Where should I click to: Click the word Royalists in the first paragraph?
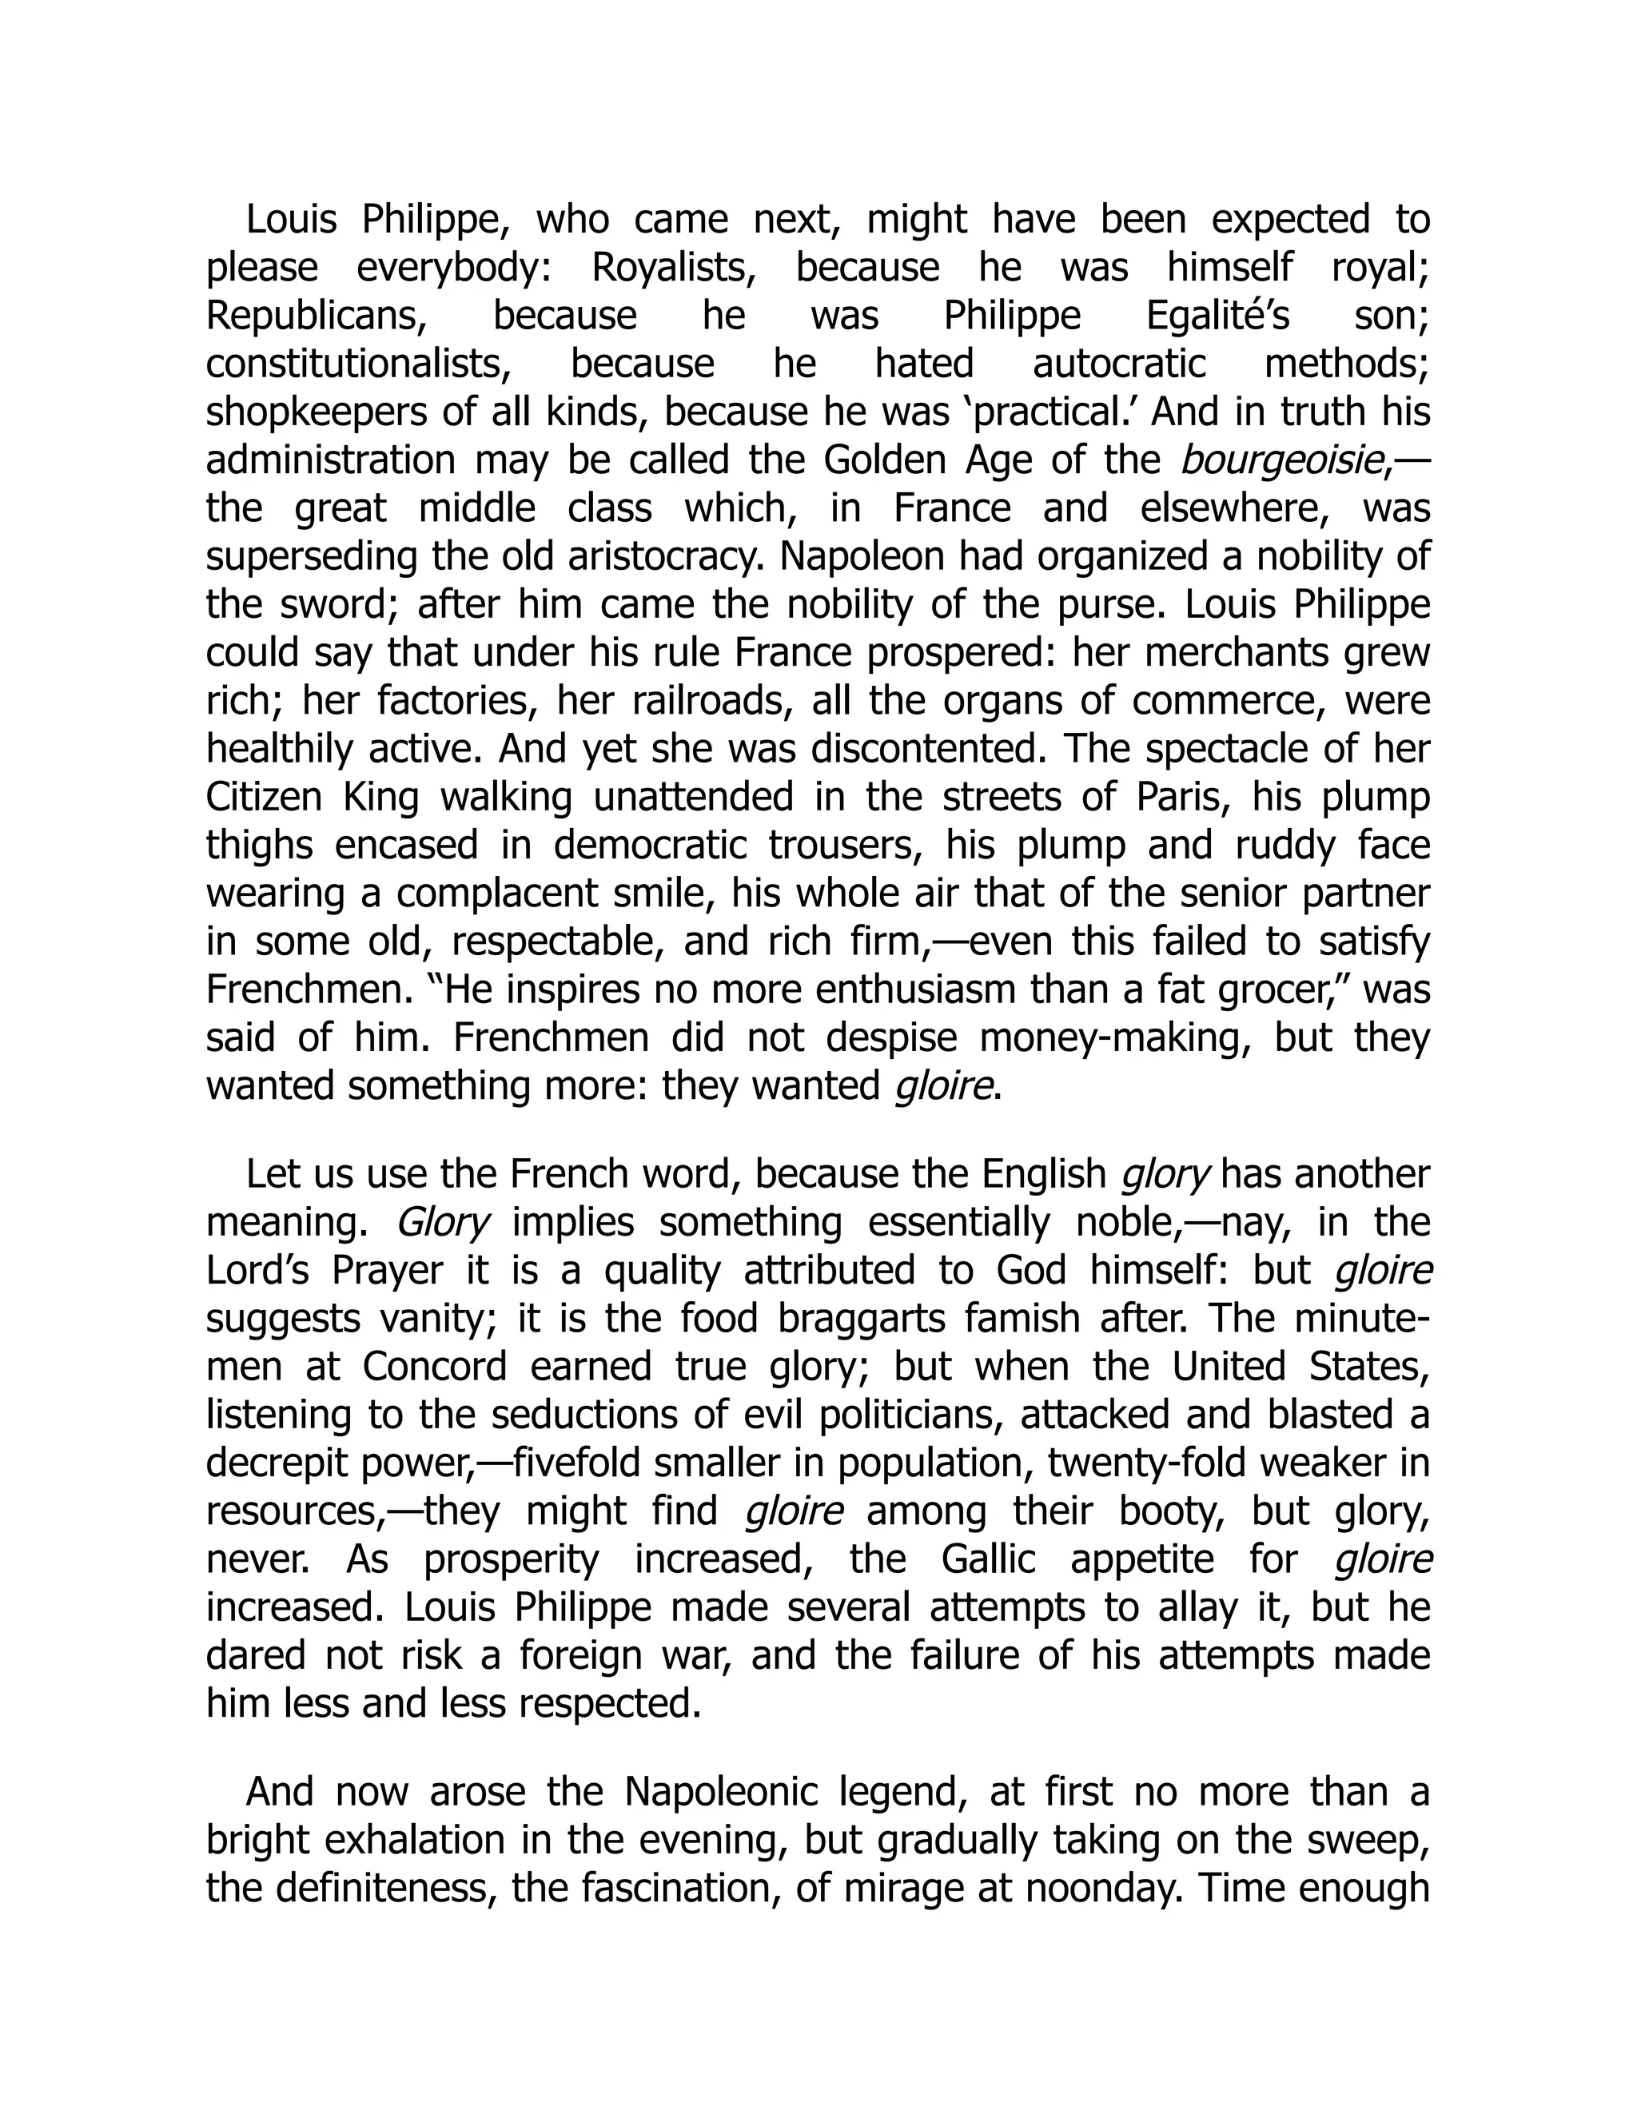point(673,268)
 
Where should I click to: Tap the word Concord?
point(436,1368)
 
